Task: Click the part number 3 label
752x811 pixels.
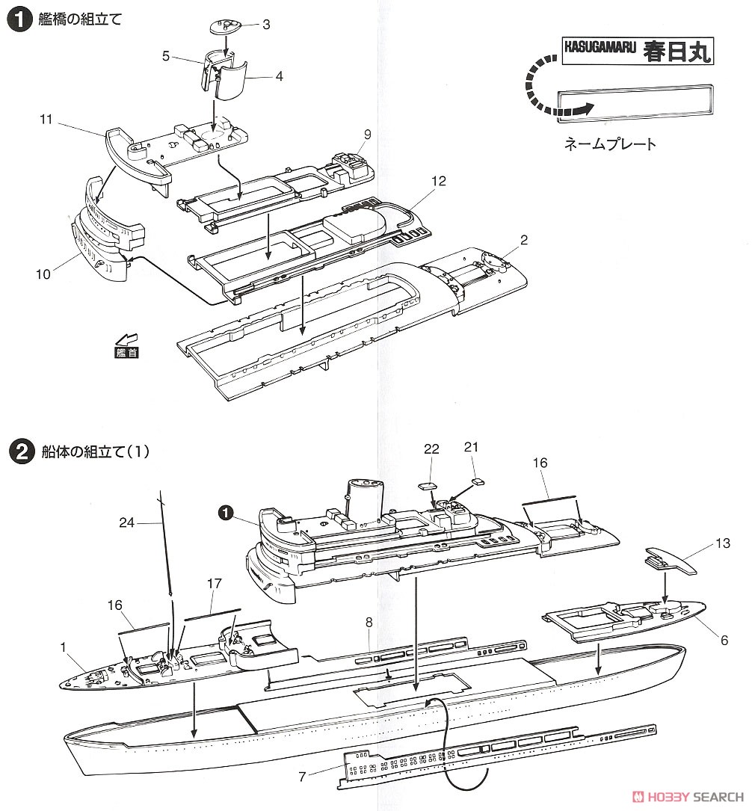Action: click(265, 25)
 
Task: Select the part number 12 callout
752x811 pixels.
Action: click(439, 181)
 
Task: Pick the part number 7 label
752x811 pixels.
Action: click(302, 777)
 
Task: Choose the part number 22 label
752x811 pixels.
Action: click(432, 448)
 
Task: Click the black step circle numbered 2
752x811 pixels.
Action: click(18, 451)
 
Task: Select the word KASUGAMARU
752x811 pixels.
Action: click(600, 49)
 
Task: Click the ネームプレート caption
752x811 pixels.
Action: click(610, 144)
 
